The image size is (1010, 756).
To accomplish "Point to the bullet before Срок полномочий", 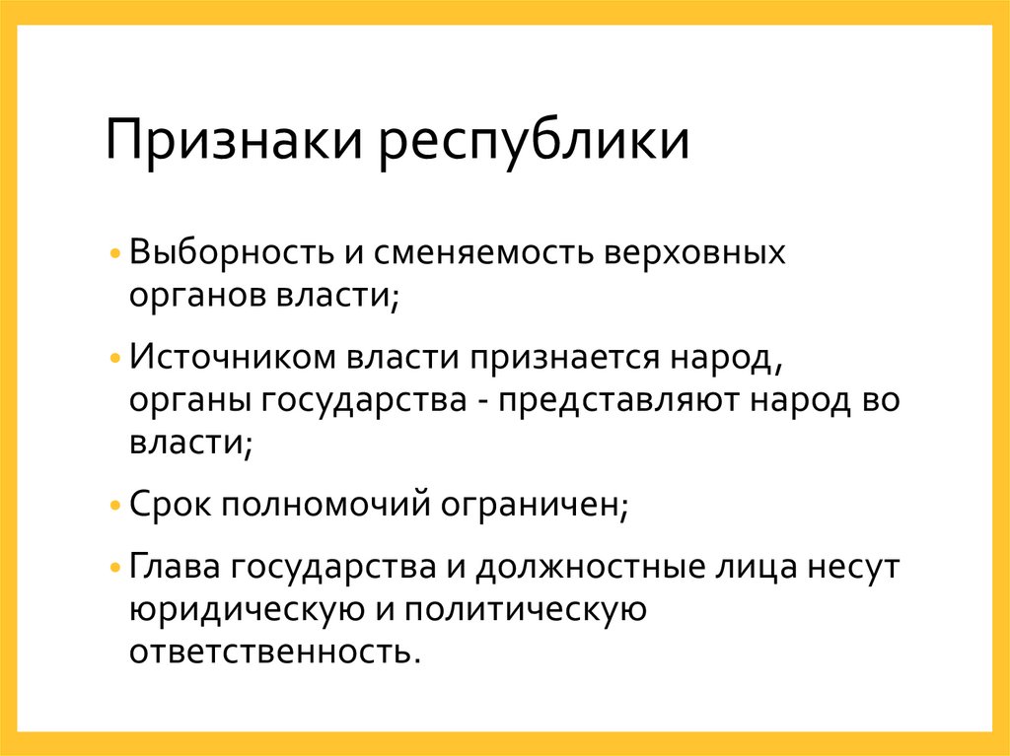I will tap(117, 507).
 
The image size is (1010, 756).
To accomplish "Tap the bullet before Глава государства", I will tap(117, 569).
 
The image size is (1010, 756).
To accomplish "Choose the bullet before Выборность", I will tap(117, 253).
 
